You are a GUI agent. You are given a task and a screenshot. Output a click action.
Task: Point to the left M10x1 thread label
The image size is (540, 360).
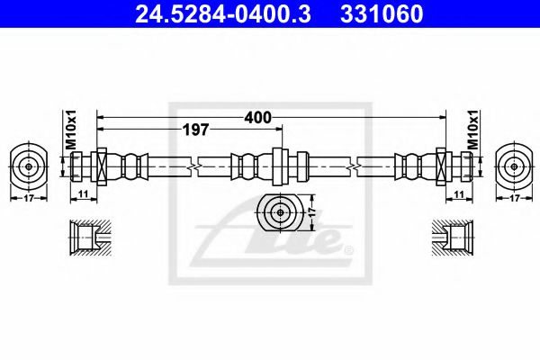(70, 130)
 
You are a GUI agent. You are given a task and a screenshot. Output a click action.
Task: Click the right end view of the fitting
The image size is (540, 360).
(514, 166)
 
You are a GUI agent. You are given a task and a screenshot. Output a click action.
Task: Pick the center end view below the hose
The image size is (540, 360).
(278, 214)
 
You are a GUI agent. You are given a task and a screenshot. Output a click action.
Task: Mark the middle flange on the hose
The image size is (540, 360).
(278, 166)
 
